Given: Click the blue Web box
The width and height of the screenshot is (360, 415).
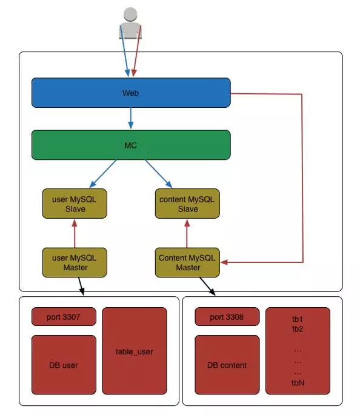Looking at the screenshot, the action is coord(131,93).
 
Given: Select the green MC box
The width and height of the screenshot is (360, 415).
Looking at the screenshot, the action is coord(131,145).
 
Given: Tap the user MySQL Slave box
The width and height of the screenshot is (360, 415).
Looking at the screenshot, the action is coord(75,204).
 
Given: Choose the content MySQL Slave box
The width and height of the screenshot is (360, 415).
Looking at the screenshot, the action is coord(187,204).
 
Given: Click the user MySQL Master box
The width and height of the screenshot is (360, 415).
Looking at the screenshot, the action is coord(75,262).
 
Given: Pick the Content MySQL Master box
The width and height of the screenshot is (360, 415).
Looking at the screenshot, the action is coord(187,262).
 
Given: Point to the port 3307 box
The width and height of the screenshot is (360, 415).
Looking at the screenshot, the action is coord(64,316).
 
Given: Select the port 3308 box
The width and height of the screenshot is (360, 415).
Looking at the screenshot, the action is coord(227,316).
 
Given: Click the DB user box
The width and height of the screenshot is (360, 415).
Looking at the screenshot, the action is coord(64,365).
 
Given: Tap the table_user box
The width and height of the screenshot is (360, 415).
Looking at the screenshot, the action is coord(135,351).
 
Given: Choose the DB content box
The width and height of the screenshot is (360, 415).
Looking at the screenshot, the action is coord(227,365).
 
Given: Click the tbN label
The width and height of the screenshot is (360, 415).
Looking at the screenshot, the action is coord(298,383).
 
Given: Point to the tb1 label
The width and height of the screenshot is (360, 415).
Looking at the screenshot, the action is coord(298,319).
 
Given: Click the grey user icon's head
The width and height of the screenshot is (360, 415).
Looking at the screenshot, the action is coord(130,15).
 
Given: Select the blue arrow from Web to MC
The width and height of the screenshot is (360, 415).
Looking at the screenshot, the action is coord(131,118).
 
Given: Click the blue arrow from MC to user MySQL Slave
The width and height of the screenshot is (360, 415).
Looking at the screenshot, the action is coord(102,174).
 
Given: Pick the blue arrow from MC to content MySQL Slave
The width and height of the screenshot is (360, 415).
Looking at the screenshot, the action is coord(159,174).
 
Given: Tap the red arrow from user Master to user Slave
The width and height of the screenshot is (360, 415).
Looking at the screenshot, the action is coord(75,233).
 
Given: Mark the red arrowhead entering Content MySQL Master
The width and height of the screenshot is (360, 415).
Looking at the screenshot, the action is coord(224,262).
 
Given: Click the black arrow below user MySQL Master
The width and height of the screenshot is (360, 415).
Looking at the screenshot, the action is coord(82,286).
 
